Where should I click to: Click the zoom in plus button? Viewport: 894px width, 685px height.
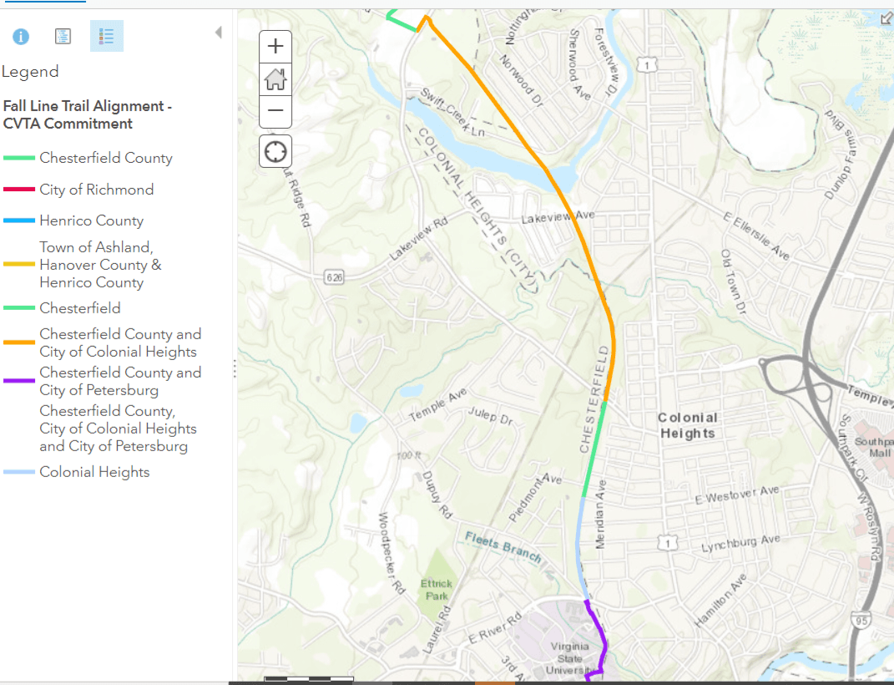click(x=275, y=47)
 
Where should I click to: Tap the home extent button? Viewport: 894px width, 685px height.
click(x=275, y=79)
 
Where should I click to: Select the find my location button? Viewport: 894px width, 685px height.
click(x=275, y=151)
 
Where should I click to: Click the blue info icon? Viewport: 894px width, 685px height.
click(x=21, y=36)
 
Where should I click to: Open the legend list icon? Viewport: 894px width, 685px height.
click(x=106, y=36)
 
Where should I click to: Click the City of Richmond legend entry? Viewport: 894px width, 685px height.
click(x=96, y=190)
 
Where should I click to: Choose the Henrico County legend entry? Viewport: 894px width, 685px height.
click(x=91, y=221)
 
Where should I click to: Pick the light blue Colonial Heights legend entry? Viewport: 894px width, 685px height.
click(x=94, y=472)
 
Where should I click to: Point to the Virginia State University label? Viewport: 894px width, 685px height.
click(x=570, y=657)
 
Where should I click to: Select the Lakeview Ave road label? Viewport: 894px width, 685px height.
click(x=558, y=217)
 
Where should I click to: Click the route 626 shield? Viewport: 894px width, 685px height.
click(x=335, y=276)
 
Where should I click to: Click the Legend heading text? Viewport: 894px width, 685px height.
click(x=30, y=72)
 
